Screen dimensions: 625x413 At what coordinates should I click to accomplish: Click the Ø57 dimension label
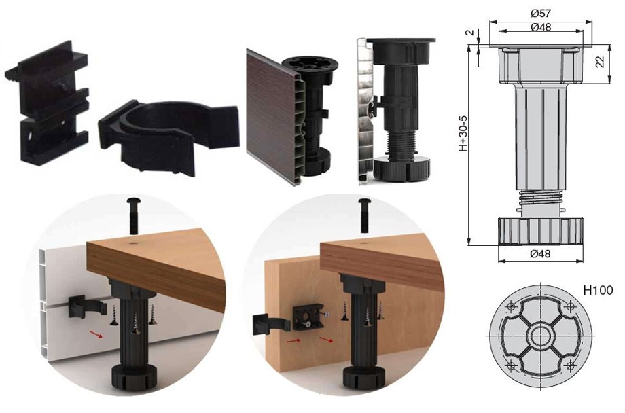click(541, 13)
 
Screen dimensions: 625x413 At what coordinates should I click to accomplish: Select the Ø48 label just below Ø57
click(541, 27)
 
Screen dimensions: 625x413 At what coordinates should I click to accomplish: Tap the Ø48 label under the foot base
click(541, 253)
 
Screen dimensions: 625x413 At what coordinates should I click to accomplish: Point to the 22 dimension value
click(599, 61)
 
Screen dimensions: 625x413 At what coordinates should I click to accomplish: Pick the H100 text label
click(598, 290)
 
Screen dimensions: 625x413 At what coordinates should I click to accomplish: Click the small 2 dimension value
click(472, 32)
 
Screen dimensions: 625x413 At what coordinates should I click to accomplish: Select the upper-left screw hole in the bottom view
click(512, 306)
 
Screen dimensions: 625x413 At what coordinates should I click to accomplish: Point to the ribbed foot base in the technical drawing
click(541, 230)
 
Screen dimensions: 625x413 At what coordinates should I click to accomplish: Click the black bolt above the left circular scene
click(132, 215)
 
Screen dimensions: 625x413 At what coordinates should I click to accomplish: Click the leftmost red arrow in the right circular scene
click(293, 341)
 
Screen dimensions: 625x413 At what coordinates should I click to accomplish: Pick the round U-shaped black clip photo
click(169, 136)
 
